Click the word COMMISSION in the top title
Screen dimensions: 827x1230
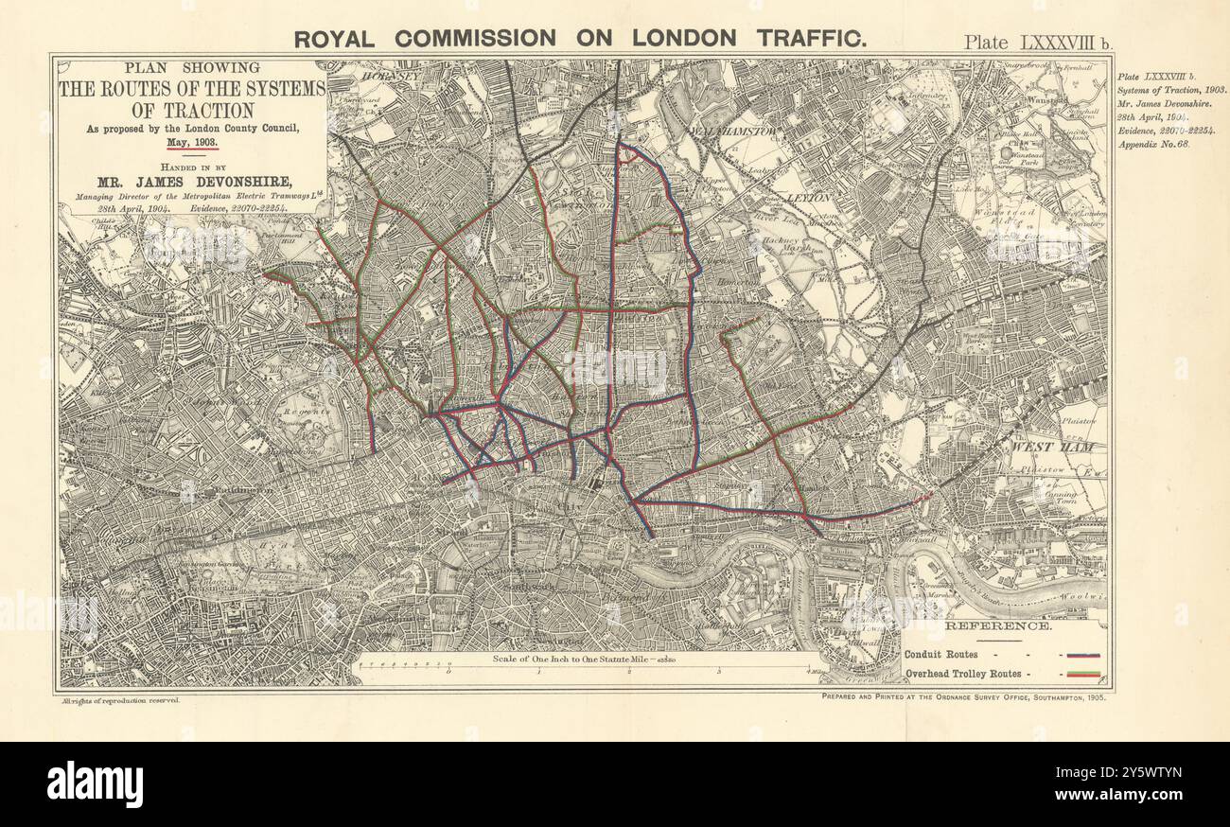pos(475,39)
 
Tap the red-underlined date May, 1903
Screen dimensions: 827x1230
pos(193,141)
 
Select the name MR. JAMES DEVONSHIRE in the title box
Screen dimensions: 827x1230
pos(192,182)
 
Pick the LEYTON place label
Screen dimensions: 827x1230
pos(807,199)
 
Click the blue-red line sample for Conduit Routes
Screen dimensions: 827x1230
pos(1082,654)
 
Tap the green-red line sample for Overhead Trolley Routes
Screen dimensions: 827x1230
pos(1082,674)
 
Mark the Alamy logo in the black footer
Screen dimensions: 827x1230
pos(95,784)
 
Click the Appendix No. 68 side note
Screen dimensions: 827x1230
pos(1153,145)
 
